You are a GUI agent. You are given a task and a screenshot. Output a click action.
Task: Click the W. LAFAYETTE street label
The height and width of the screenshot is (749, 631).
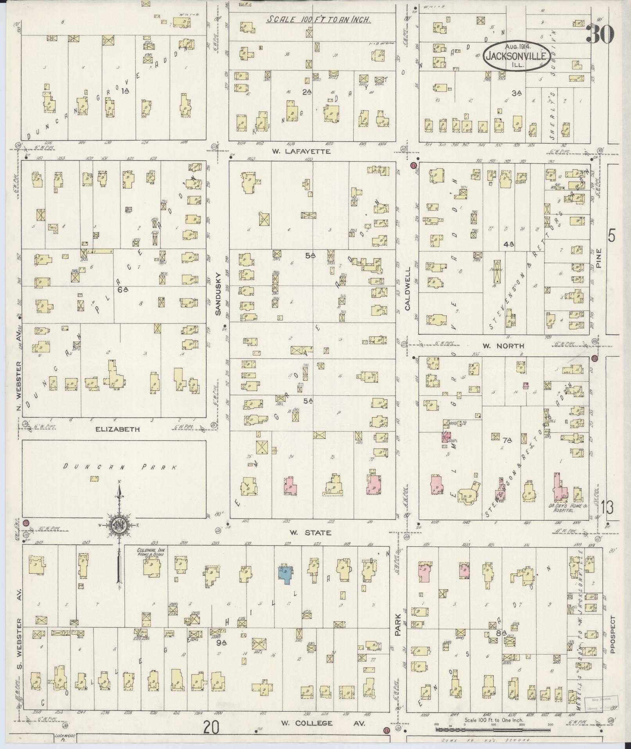(311, 152)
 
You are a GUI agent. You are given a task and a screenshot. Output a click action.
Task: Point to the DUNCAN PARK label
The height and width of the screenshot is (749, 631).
(120, 467)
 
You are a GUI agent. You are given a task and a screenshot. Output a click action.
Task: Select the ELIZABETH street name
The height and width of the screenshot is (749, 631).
(117, 429)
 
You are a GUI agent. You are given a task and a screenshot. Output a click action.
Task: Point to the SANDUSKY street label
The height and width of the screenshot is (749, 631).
(219, 294)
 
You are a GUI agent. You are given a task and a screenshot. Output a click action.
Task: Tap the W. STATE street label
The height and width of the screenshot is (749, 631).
(310, 533)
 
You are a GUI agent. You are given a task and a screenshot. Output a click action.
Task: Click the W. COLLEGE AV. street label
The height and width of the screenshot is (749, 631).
(323, 723)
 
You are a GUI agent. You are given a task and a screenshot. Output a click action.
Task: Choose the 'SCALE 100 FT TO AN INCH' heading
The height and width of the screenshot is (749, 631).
(318, 20)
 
